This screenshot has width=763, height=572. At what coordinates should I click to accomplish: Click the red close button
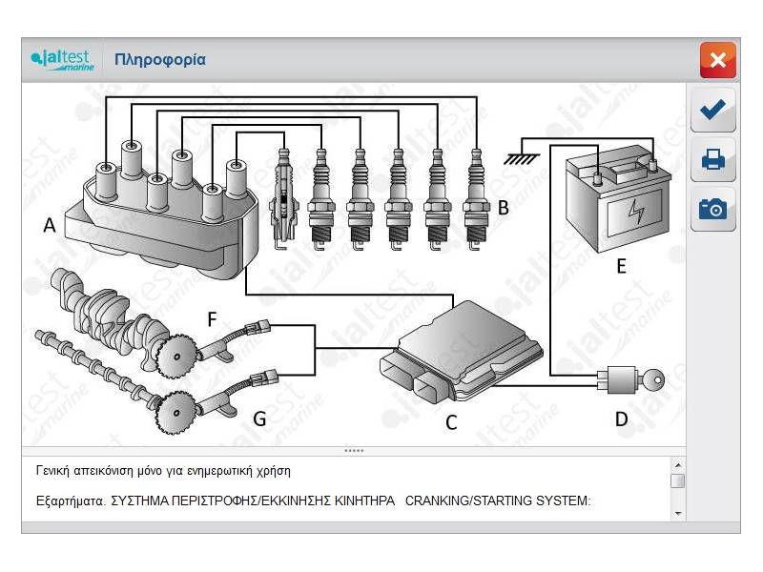717,60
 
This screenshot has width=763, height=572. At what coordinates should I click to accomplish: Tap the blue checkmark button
712,111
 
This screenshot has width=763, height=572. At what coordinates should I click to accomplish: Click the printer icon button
712,159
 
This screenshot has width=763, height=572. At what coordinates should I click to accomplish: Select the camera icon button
712,209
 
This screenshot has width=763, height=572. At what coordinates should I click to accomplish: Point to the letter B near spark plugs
503,207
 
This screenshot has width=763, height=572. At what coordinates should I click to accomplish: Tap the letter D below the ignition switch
621,419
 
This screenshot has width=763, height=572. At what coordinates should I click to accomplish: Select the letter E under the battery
621,266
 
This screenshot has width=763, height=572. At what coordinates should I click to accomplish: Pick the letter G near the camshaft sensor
259,417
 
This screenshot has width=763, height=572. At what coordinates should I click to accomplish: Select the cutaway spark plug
281,195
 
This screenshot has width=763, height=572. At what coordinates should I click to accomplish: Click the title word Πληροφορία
159,60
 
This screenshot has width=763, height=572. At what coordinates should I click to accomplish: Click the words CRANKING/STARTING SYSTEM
498,500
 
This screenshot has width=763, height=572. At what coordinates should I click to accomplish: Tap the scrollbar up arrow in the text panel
677,463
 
